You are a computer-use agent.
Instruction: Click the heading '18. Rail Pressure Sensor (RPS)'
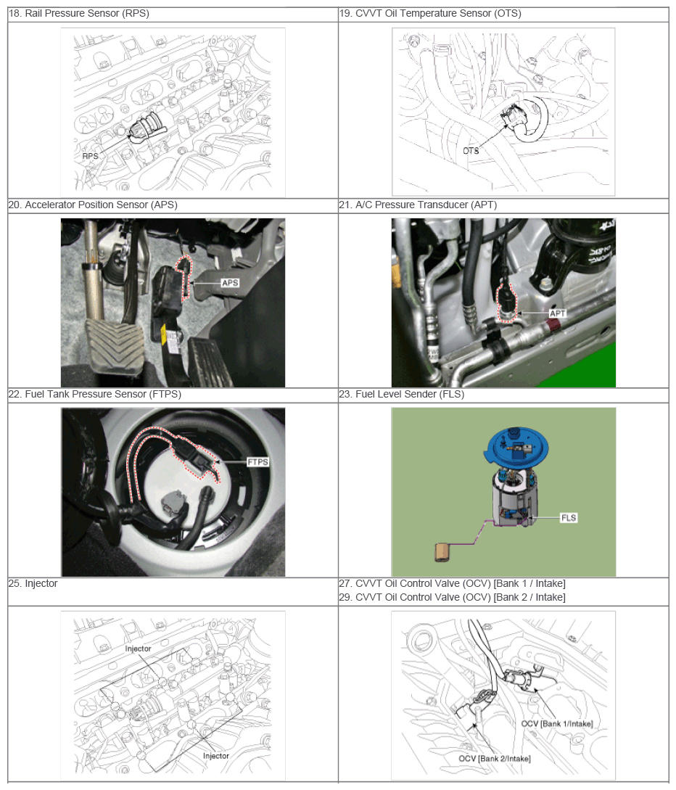[x=78, y=14]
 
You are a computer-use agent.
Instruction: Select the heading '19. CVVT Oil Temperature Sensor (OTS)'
[x=429, y=14]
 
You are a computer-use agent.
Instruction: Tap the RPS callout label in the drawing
[x=90, y=155]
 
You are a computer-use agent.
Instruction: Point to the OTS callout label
[x=471, y=151]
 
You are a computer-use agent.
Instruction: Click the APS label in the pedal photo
[x=231, y=283]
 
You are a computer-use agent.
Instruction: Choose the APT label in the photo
[x=558, y=313]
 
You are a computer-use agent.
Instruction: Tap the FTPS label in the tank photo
[x=257, y=462]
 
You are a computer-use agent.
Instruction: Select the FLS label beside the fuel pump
[x=569, y=518]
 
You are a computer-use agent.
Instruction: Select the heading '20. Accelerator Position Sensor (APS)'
[x=92, y=205]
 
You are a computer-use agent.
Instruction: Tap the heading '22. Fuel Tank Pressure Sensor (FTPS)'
[x=94, y=395]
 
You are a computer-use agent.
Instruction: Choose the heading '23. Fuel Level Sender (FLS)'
[x=401, y=395]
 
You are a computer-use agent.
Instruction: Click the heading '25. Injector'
[x=33, y=584]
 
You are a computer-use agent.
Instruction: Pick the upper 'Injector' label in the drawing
[x=138, y=649]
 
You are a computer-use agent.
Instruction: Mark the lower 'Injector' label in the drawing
[x=215, y=756]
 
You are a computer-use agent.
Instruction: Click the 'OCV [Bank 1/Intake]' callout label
[x=552, y=724]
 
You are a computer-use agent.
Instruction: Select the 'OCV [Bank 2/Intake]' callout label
[x=495, y=759]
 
